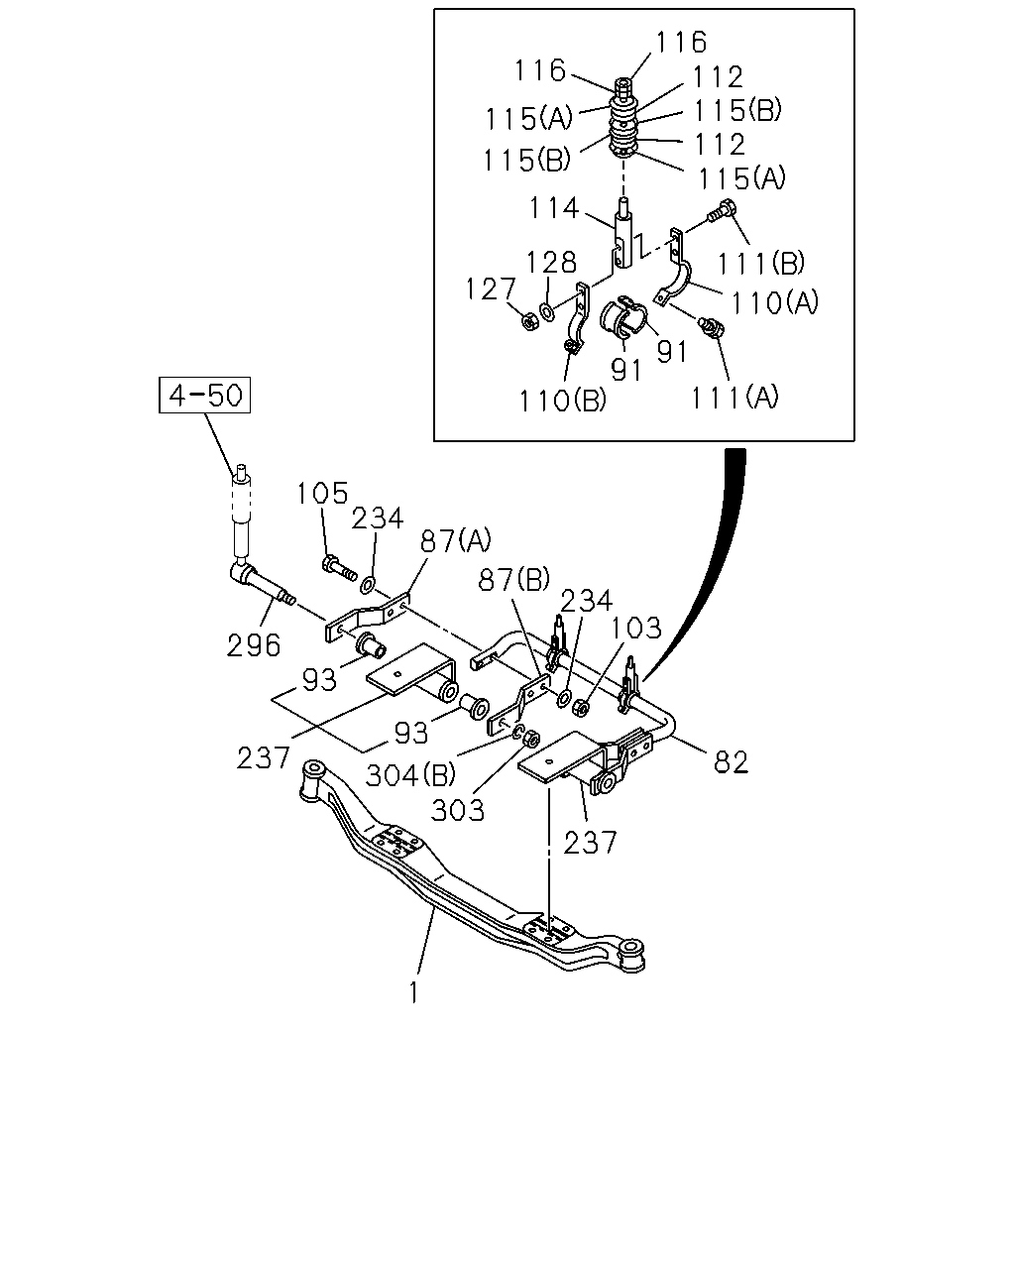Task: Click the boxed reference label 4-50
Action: tap(204, 395)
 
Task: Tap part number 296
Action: tap(253, 645)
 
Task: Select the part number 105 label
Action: tap(322, 493)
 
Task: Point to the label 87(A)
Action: tap(456, 540)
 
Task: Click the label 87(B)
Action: tap(513, 579)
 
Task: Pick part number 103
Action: tap(635, 628)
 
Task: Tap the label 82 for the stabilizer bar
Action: tap(731, 761)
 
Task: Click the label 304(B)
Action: tap(410, 775)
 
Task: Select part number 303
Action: tap(458, 810)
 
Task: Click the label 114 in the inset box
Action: tap(554, 208)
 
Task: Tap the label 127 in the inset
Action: tap(491, 289)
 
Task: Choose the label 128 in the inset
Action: tap(551, 262)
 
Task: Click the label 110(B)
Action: tap(563, 401)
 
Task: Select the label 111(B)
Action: tap(761, 263)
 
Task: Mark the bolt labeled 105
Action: tap(340, 567)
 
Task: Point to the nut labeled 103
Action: tap(580, 707)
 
